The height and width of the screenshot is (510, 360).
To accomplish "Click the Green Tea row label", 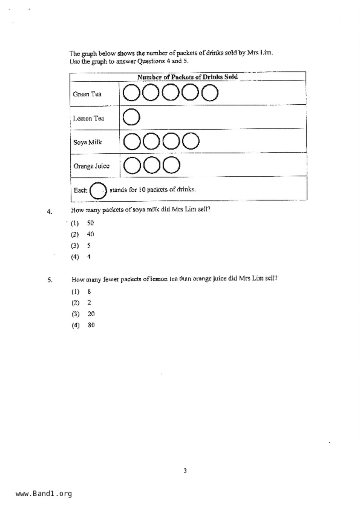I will click(87, 94).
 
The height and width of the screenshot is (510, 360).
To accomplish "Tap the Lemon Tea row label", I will click(88, 118).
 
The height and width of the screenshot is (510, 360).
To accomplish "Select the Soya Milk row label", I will click(87, 142).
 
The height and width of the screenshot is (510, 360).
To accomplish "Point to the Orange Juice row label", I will click(91, 166).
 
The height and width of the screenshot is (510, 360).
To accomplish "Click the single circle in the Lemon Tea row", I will click(131, 117).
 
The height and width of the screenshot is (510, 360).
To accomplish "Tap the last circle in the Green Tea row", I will click(210, 93).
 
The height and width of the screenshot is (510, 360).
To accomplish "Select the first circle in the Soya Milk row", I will click(132, 141).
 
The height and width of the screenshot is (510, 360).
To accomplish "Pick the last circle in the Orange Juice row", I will click(171, 165).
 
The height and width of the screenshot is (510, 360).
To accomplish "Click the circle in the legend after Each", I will click(98, 191).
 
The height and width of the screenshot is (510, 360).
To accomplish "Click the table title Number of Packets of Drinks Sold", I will click(187, 77).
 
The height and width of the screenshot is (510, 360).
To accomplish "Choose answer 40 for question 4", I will click(90, 234).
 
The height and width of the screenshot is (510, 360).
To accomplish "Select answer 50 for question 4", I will click(90, 223).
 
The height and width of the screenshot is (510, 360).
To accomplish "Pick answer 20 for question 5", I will click(91, 314).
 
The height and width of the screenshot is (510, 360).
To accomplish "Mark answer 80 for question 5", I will click(91, 325).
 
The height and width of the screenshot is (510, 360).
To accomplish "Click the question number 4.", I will click(49, 211).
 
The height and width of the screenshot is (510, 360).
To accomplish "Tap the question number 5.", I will click(50, 280).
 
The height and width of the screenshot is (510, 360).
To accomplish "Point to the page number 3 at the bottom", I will click(185, 470).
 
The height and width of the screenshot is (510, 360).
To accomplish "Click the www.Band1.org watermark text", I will click(44, 494).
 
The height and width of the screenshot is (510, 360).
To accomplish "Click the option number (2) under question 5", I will click(75, 303).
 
